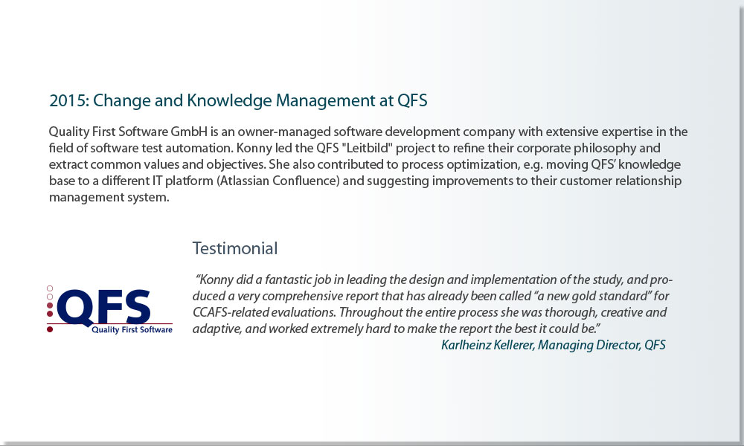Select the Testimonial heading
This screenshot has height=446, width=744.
click(x=235, y=248)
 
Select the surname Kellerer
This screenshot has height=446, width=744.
click(x=514, y=345)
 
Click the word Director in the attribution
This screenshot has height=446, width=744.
click(x=618, y=345)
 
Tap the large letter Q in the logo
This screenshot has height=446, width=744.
click(x=75, y=308)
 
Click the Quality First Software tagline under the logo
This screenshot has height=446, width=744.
click(x=132, y=330)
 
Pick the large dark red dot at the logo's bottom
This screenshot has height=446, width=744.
click(x=50, y=329)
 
